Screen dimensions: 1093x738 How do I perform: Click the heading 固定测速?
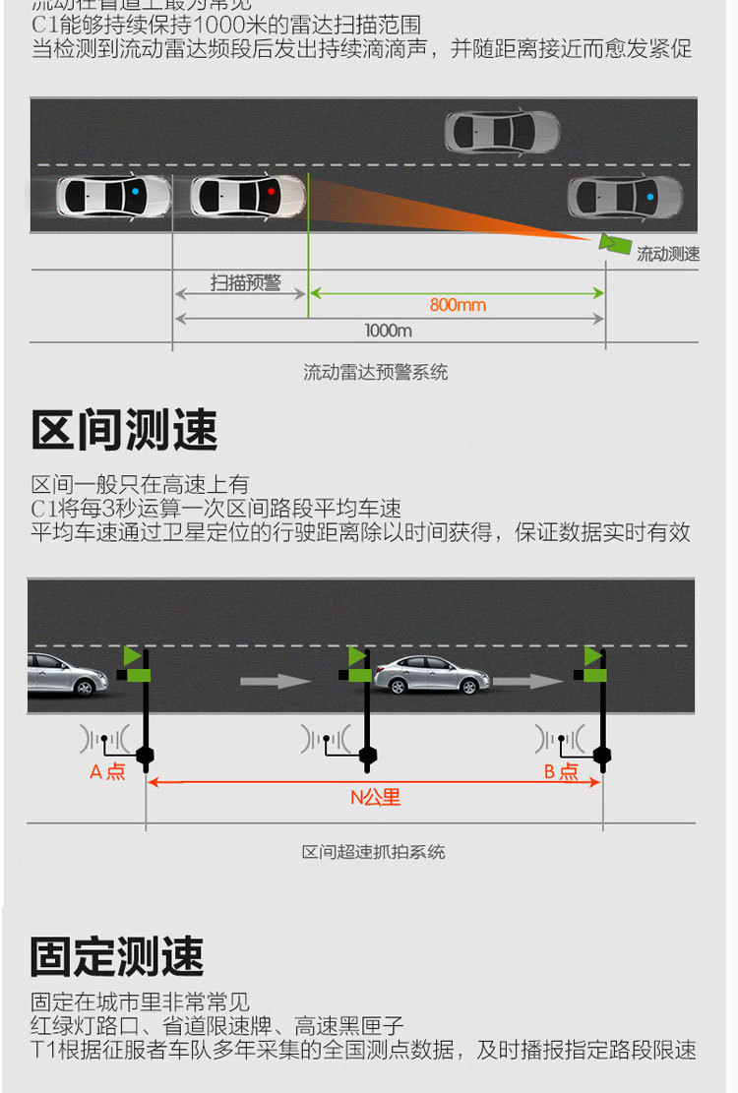point(117,956)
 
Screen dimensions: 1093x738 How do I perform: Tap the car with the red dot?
point(247,196)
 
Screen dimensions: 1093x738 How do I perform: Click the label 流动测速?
point(668,254)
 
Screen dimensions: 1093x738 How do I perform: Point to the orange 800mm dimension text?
point(458,305)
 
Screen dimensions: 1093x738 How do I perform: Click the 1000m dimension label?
point(388,331)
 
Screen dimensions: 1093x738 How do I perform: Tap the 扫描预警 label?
point(245,283)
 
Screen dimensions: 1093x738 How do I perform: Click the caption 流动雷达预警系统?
point(375,372)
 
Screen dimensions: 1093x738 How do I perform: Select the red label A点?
point(107,772)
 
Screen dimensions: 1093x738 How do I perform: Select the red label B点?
point(562,772)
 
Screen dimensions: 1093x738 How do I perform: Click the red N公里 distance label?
point(376,797)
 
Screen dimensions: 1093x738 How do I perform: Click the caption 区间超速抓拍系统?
point(373,852)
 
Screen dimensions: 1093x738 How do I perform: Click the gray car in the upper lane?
point(502,132)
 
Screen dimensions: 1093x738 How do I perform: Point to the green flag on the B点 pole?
point(592,656)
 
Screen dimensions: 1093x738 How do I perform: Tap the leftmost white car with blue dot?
point(113,196)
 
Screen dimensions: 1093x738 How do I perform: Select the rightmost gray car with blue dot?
point(625,197)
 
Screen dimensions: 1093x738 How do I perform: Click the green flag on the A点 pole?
point(132,656)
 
